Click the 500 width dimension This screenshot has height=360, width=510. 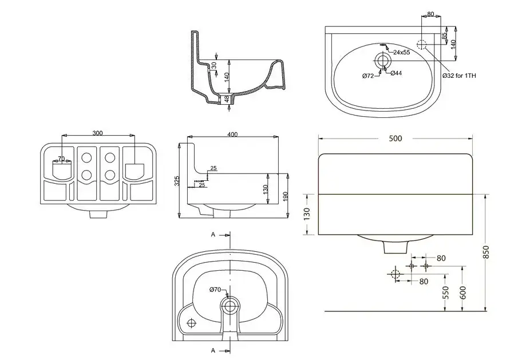(396, 139)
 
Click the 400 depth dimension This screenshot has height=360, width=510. (232, 134)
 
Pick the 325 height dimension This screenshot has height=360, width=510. (177, 181)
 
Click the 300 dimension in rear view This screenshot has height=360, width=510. (97, 133)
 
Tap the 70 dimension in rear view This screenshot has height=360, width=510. (61, 159)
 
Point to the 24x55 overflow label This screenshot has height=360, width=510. (401, 52)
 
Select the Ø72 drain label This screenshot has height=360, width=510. (367, 76)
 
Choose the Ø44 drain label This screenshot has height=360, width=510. (396, 73)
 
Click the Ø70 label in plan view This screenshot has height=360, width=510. (215, 289)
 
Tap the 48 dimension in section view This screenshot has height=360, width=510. (227, 99)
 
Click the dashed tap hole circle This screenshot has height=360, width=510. (422, 45)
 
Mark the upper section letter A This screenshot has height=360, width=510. (214, 235)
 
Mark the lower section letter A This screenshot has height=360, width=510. (214, 350)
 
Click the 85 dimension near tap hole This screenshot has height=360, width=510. (444, 35)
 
